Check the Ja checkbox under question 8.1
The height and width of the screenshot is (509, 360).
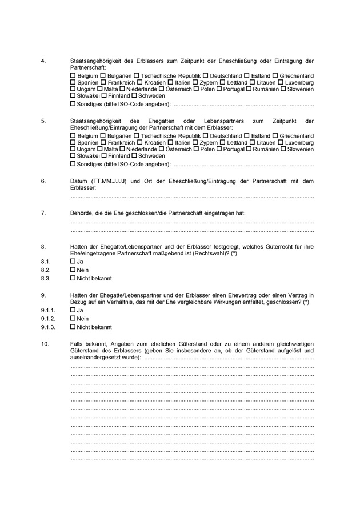pyautogui.click(x=73, y=261)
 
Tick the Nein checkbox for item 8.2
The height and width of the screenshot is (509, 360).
pyautogui.click(x=73, y=270)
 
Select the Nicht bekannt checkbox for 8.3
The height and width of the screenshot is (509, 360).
pyautogui.click(x=73, y=278)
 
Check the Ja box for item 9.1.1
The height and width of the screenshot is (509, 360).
pyautogui.click(x=73, y=310)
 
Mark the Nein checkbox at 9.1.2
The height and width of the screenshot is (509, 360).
pyautogui.click(x=73, y=319)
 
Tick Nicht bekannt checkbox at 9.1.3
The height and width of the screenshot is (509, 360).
pyautogui.click(x=73, y=327)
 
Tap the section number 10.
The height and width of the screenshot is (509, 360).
pyautogui.click(x=45, y=344)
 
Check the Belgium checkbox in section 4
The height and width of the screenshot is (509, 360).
pyautogui.click(x=73, y=76)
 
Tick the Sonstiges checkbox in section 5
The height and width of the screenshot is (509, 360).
pyautogui.click(x=73, y=165)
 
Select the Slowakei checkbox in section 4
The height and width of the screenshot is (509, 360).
pyautogui.click(x=73, y=96)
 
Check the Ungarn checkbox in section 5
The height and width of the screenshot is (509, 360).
pyautogui.click(x=73, y=149)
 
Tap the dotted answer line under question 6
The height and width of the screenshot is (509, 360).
pyautogui.click(x=192, y=197)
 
